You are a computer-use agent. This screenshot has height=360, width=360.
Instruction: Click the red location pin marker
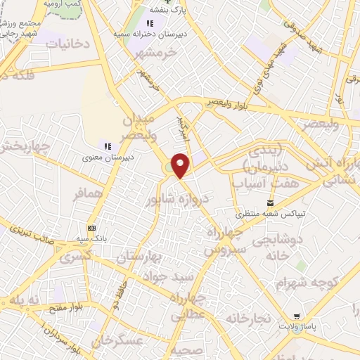click(181, 166)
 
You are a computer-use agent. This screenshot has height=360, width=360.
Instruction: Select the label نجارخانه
click(247, 319)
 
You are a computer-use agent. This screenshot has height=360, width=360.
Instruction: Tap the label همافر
click(88, 193)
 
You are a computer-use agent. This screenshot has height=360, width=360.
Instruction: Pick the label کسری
click(76, 257)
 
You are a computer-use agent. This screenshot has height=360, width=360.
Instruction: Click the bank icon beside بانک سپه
click(91, 228)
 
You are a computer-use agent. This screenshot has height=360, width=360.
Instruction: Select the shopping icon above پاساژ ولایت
click(299, 316)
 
